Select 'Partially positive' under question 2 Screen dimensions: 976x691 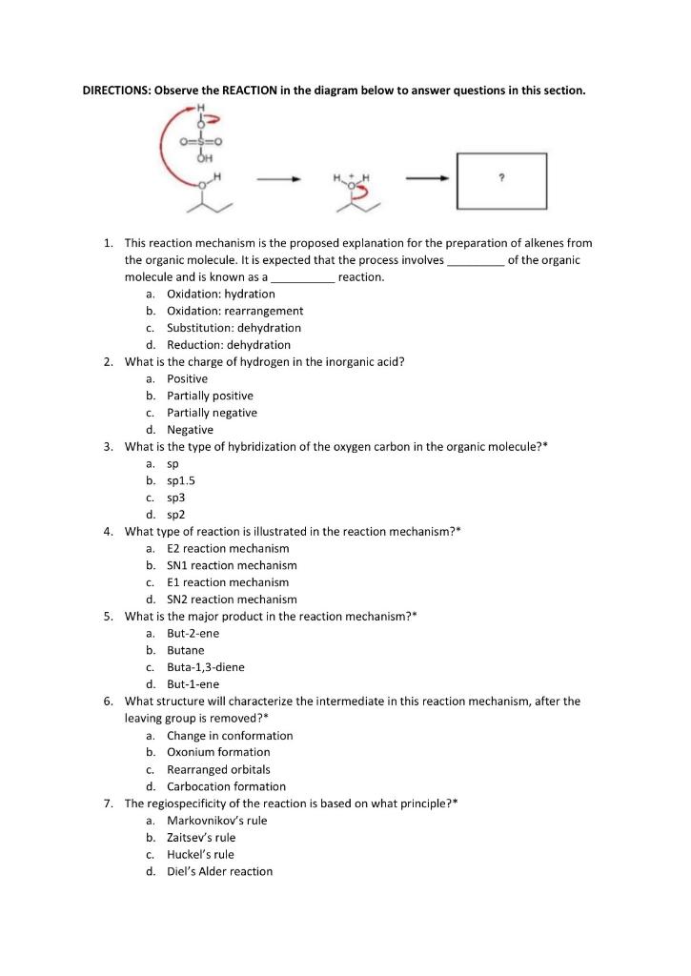coord(210,396)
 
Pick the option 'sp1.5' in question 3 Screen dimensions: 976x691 coord(181,480)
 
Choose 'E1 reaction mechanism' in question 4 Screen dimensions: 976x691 coord(228,582)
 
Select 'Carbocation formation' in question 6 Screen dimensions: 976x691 coord(226,786)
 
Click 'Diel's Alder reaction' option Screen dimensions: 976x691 coord(219,871)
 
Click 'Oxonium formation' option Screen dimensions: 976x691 coord(218,752)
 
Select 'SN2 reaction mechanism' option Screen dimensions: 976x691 coord(232,600)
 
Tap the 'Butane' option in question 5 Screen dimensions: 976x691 coord(186,650)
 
